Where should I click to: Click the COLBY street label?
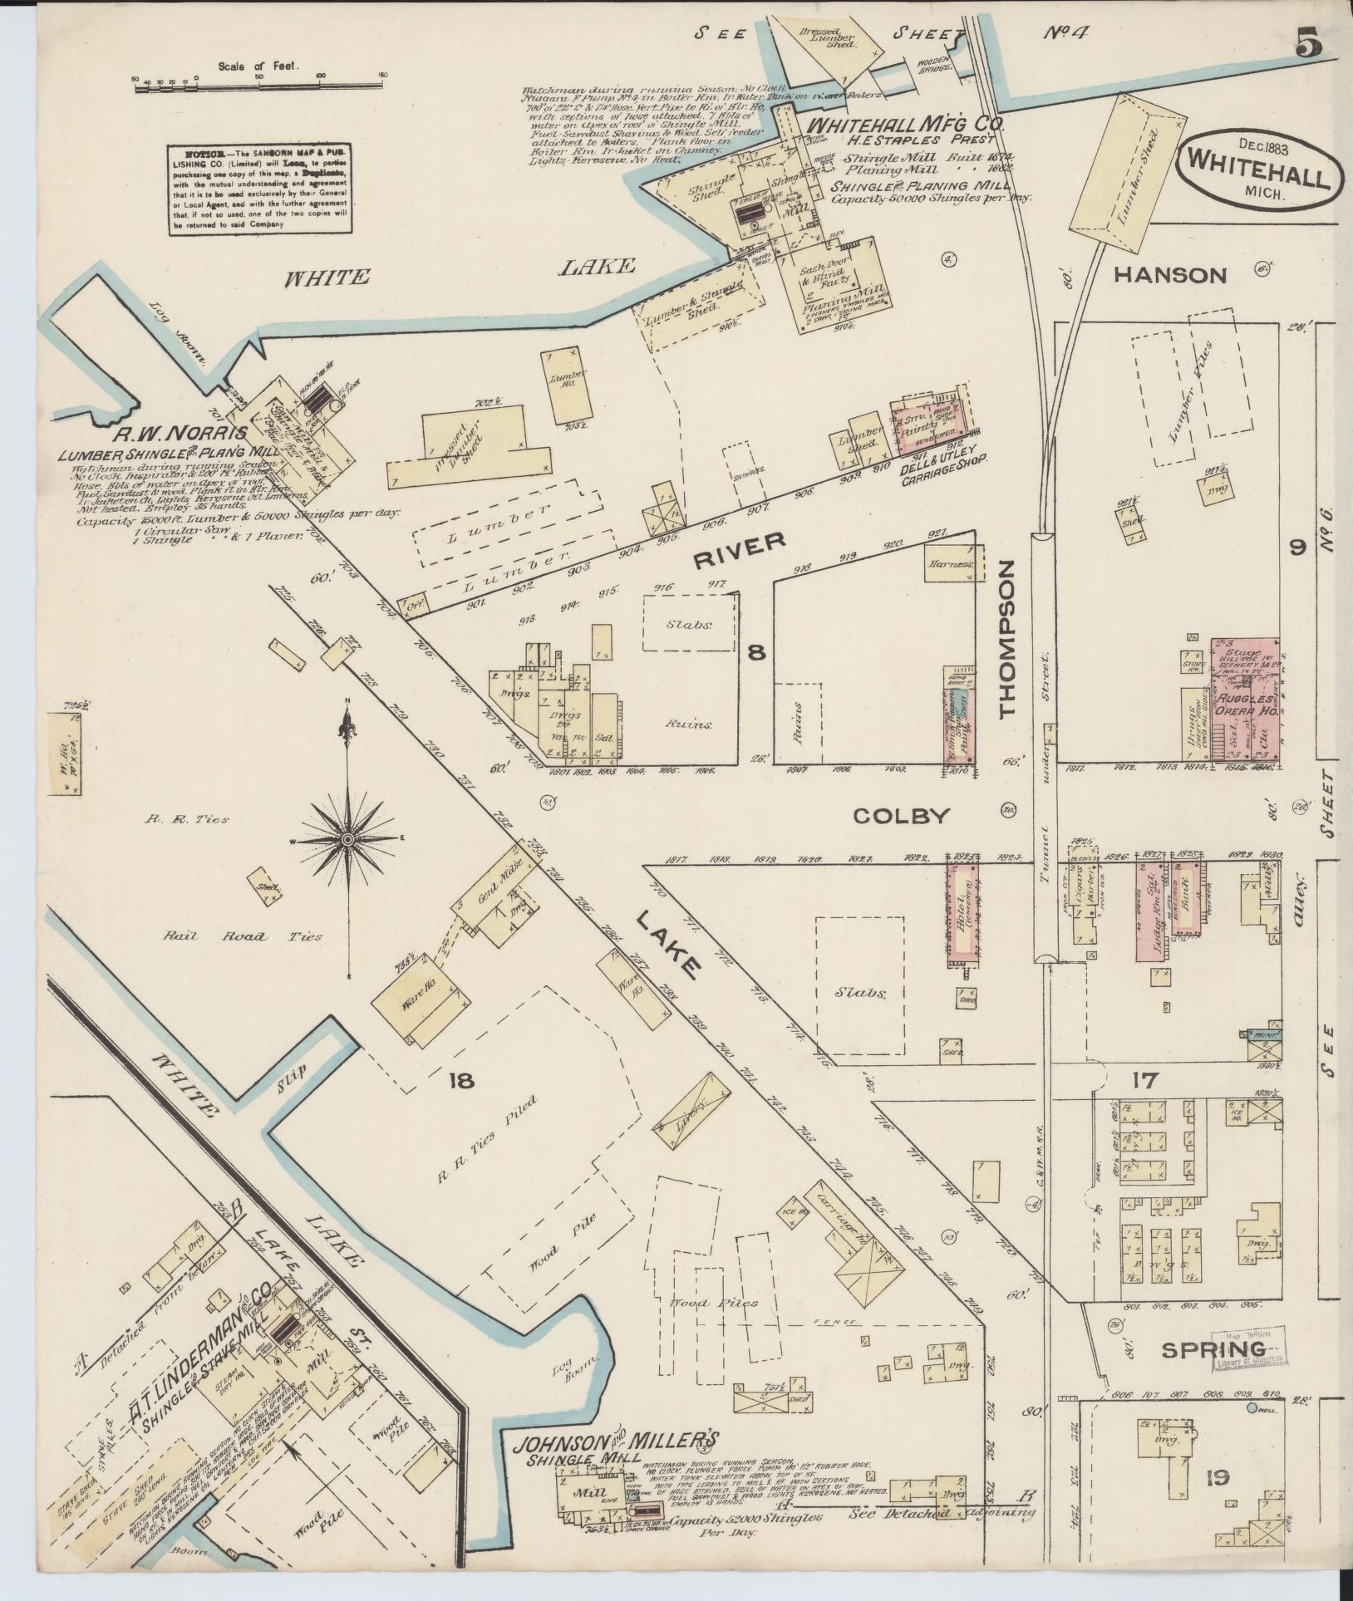pos(901,816)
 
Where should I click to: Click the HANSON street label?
pos(1170,275)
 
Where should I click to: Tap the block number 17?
pos(1144,1080)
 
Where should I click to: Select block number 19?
pos(1218,1477)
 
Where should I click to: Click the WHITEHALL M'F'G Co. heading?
pos(908,125)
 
